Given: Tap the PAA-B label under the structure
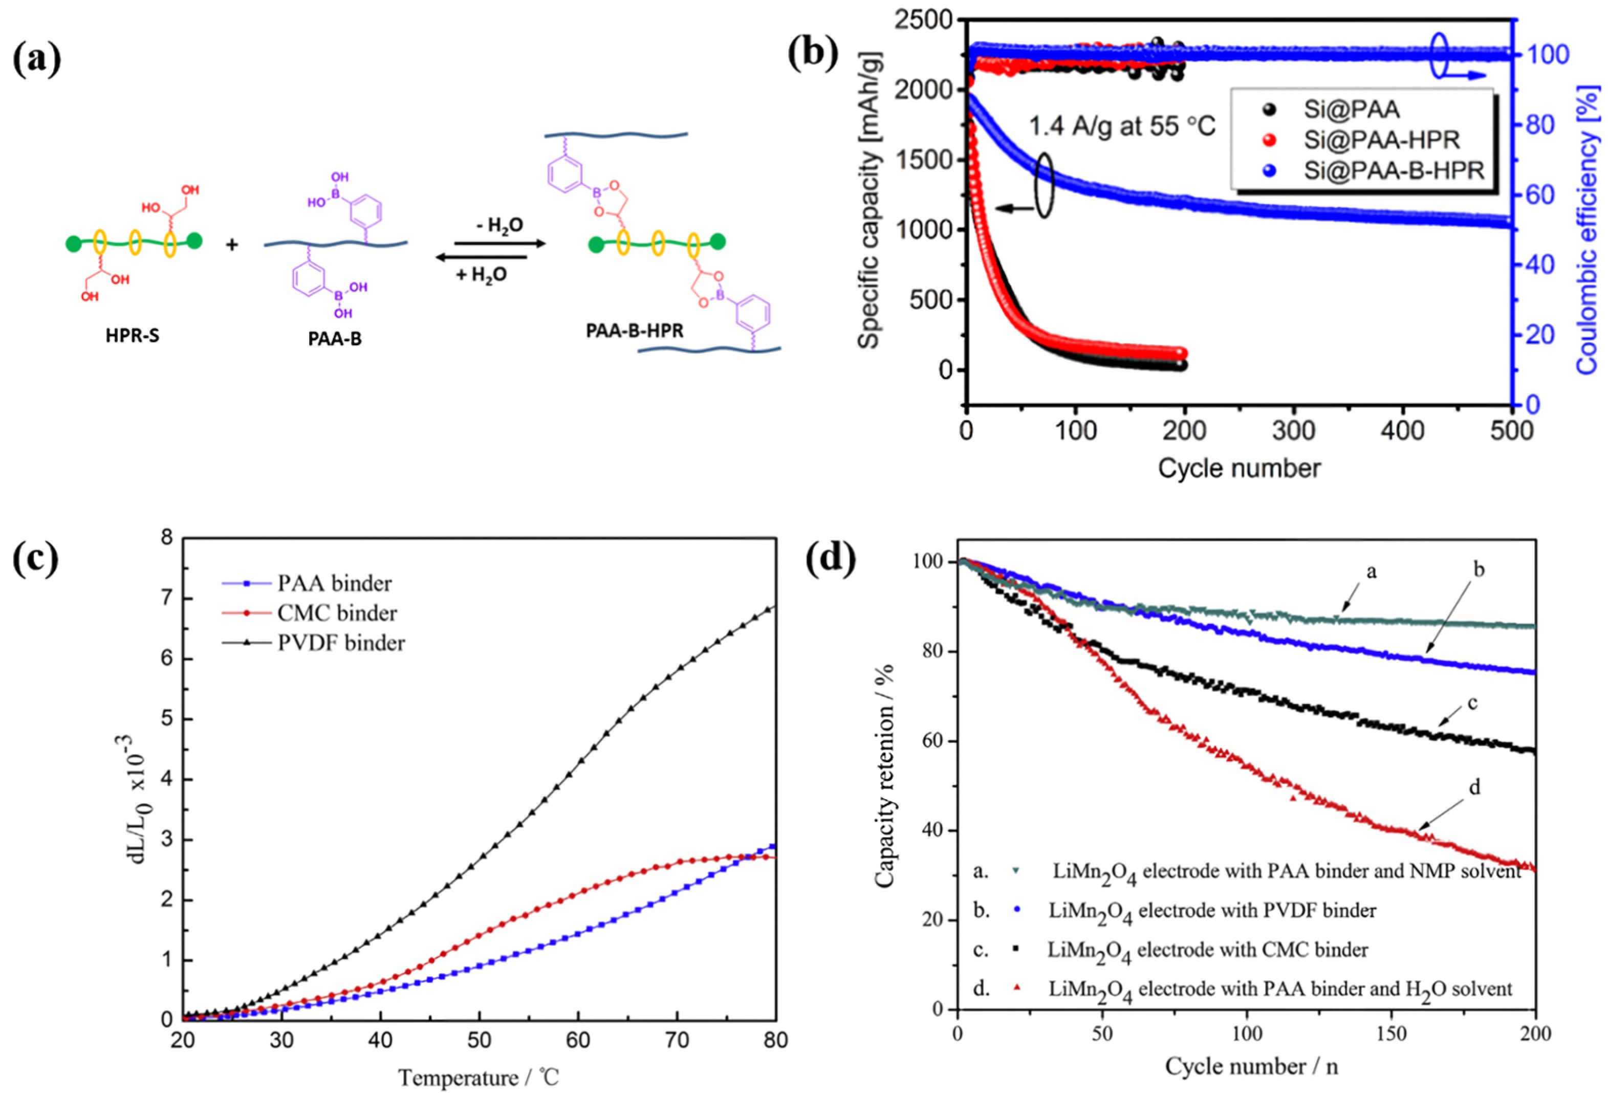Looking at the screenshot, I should [335, 339].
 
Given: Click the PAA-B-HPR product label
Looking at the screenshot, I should [635, 330].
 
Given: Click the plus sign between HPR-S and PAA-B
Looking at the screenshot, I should [232, 244].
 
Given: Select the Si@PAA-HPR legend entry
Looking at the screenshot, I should [1381, 140].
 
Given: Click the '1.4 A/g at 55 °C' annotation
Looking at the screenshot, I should [1122, 126].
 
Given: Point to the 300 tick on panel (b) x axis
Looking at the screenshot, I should [1293, 431].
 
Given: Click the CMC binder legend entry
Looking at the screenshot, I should [337, 613].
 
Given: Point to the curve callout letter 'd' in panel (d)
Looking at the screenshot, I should [1474, 788].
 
